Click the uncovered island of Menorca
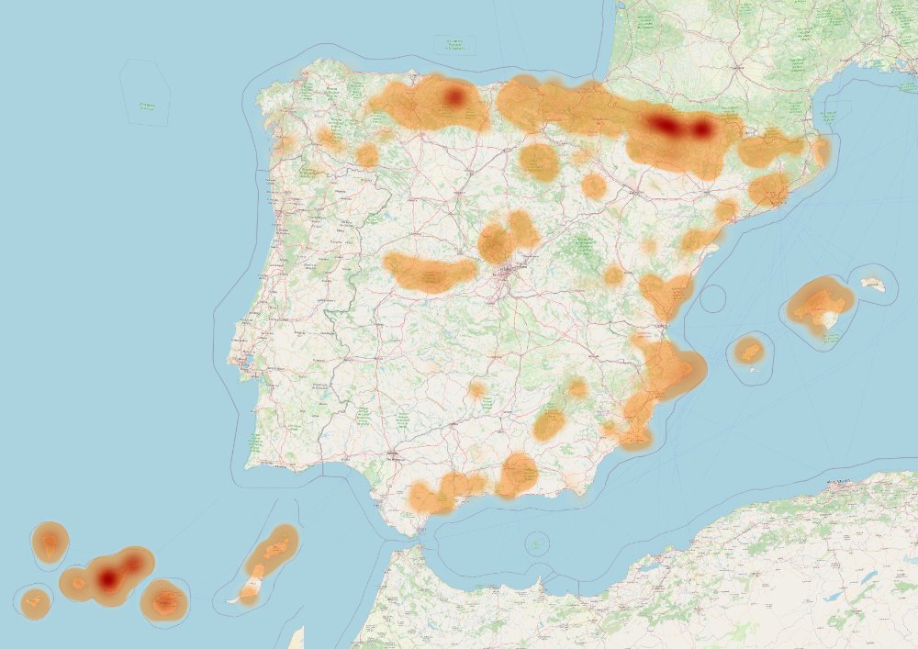873,285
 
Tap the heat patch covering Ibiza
750,350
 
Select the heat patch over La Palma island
50,543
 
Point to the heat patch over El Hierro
36,601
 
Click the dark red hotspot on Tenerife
109,578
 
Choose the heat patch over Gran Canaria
164,601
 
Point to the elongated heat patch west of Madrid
430,273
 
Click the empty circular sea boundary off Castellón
712,298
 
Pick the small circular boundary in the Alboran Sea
537,543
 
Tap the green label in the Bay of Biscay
454,42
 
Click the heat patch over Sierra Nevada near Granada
518,474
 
